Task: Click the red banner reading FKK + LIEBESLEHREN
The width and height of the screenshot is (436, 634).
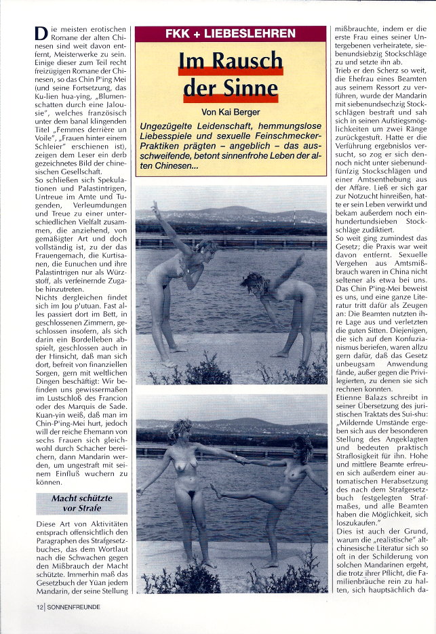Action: [x=231, y=33]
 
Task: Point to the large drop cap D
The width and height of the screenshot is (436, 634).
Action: [x=41, y=35]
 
